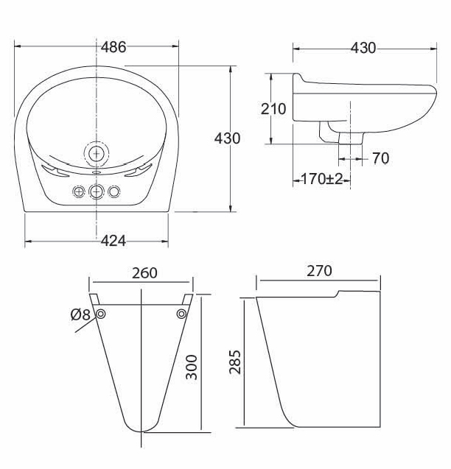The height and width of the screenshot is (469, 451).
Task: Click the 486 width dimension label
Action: tap(113, 47)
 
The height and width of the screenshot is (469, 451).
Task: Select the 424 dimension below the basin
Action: tap(113, 241)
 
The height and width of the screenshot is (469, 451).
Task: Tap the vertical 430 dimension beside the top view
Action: tap(227, 138)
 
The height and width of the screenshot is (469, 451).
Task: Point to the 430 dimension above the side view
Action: tap(363, 48)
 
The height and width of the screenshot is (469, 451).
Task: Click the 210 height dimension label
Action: tap(273, 109)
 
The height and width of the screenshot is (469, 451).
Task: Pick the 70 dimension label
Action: tap(380, 158)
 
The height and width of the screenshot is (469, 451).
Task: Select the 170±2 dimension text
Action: tap(321, 179)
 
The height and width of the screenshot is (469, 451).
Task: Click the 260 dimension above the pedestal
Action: tap(144, 272)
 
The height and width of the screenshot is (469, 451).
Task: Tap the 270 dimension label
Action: tap(319, 271)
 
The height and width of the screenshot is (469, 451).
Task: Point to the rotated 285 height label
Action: tap(235, 362)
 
